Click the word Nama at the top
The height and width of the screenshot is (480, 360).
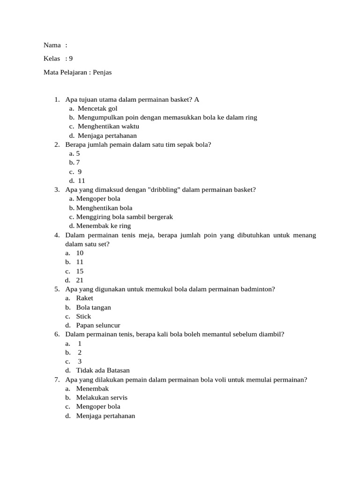pyautogui.click(x=52, y=45)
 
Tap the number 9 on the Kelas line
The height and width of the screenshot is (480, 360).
pyautogui.click(x=71, y=59)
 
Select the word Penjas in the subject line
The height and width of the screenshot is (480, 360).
pyautogui.click(x=102, y=72)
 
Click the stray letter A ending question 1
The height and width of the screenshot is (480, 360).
pyautogui.click(x=197, y=100)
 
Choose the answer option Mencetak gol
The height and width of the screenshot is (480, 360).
pyautogui.click(x=97, y=109)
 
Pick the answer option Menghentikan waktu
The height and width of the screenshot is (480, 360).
pyautogui.click(x=108, y=127)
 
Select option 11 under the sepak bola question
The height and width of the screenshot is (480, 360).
pyautogui.click(x=82, y=181)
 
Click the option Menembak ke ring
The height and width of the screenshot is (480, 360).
pyautogui.click(x=104, y=226)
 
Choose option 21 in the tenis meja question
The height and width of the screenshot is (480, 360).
pyautogui.click(x=80, y=280)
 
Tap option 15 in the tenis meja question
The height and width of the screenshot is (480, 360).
pyautogui.click(x=80, y=271)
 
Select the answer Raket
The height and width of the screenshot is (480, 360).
pyautogui.click(x=84, y=298)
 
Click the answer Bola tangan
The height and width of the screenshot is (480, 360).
pyautogui.click(x=93, y=307)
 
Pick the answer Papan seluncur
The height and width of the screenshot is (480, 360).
pyautogui.click(x=98, y=325)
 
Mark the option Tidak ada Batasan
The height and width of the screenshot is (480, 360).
pyautogui.click(x=103, y=370)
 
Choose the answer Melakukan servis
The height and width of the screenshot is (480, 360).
pyautogui.click(x=102, y=397)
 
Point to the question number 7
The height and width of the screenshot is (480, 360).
pyautogui.click(x=56, y=380)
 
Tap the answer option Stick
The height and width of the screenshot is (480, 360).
pyautogui.click(x=83, y=316)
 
